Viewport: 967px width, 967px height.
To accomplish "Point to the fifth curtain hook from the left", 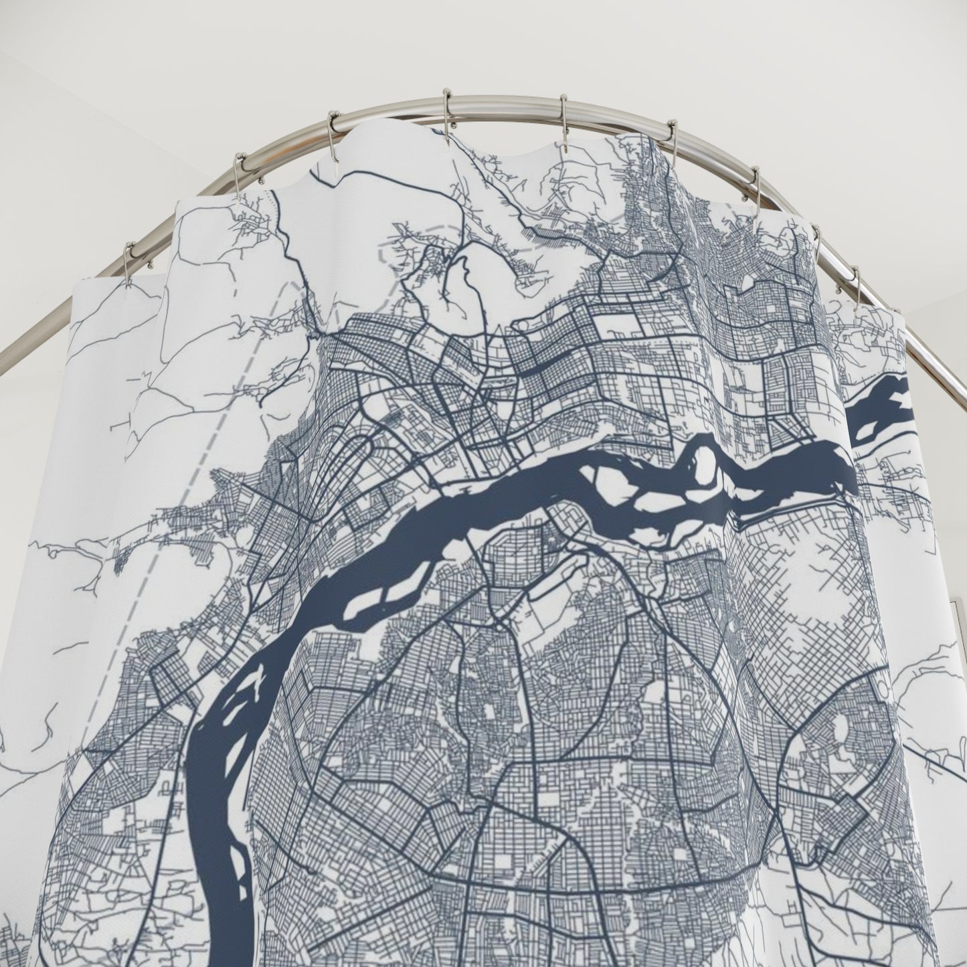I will tap(563, 110).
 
